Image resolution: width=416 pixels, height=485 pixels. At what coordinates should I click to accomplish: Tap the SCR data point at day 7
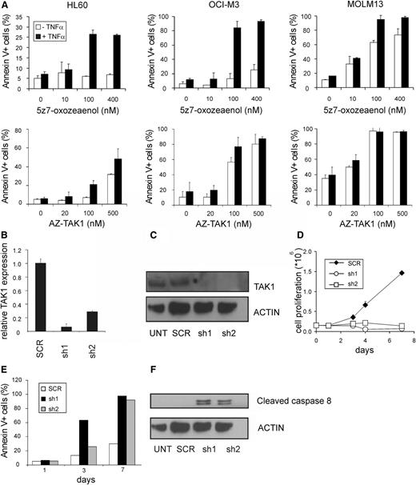coord(401,273)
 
